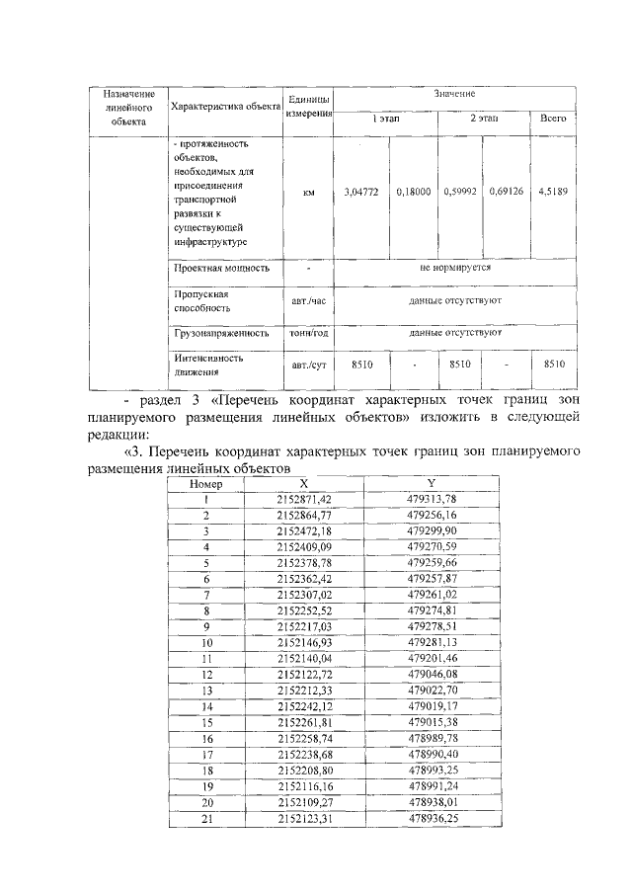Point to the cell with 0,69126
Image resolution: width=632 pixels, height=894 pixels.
tap(506, 194)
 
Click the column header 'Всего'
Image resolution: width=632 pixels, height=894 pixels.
tap(552, 119)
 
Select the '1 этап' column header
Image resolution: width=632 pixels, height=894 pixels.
tap(386, 119)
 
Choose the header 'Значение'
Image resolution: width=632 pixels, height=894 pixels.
tap(454, 93)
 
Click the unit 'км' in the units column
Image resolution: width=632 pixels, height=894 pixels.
tap(308, 194)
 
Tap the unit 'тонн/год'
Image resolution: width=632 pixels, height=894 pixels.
tap(308, 334)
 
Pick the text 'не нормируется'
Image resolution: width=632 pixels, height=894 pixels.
tap(454, 267)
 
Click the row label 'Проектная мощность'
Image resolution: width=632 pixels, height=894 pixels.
tap(221, 267)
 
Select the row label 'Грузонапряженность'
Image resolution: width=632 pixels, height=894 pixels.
tap(221, 334)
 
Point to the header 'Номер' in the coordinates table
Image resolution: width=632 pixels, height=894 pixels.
tap(207, 484)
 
